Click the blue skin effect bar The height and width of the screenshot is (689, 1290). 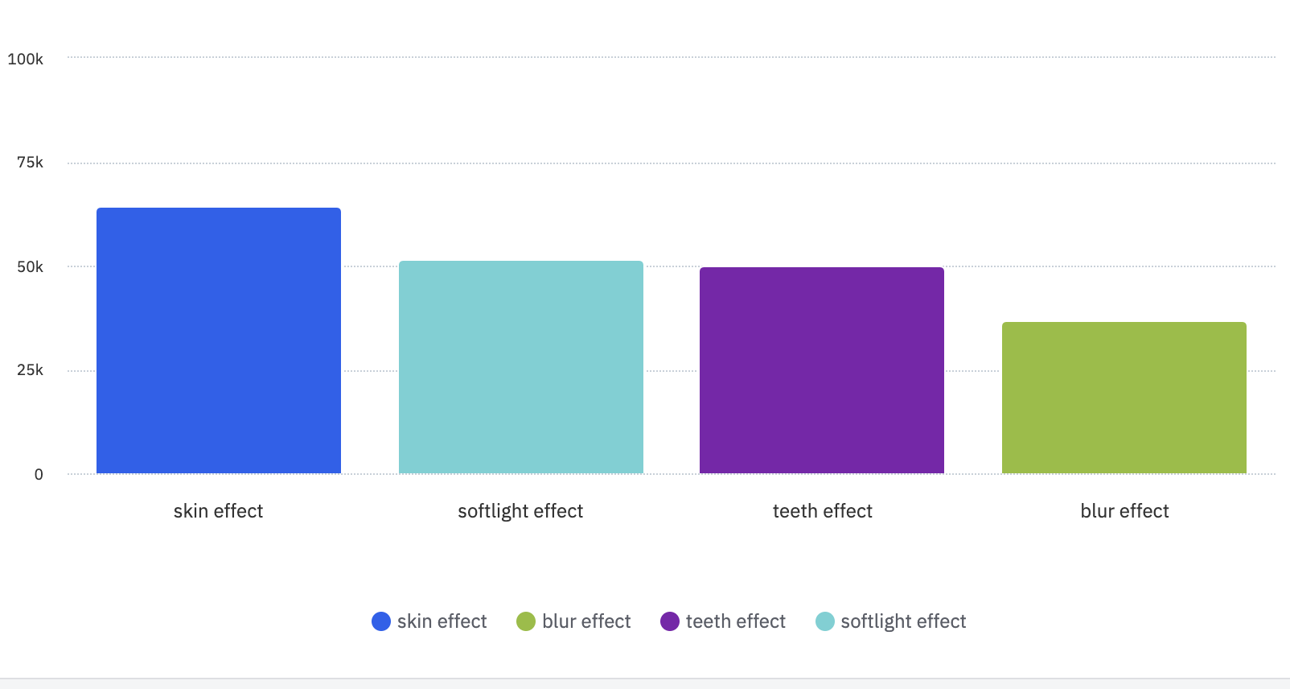219,340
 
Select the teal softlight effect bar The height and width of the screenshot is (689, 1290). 521,367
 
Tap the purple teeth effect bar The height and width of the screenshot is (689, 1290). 822,370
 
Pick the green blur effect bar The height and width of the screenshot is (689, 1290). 1124,398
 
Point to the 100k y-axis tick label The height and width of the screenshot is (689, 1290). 26,59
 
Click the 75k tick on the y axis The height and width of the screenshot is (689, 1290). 31,163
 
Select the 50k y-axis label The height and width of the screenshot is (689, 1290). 31,266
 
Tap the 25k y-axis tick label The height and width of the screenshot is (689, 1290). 31,370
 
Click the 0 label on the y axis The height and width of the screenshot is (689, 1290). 39,475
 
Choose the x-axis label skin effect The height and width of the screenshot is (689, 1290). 219,511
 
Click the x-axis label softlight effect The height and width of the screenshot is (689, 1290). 520,511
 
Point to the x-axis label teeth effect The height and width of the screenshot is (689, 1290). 822,511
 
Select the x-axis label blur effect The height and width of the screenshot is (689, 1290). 1124,511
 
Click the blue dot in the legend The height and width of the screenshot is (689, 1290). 381,621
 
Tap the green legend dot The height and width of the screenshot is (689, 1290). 526,621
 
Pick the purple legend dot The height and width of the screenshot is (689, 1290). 670,621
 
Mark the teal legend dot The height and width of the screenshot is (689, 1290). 825,621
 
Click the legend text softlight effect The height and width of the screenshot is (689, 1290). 903,621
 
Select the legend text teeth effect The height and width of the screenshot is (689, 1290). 735,621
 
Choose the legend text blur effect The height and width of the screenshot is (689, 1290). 586,621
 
